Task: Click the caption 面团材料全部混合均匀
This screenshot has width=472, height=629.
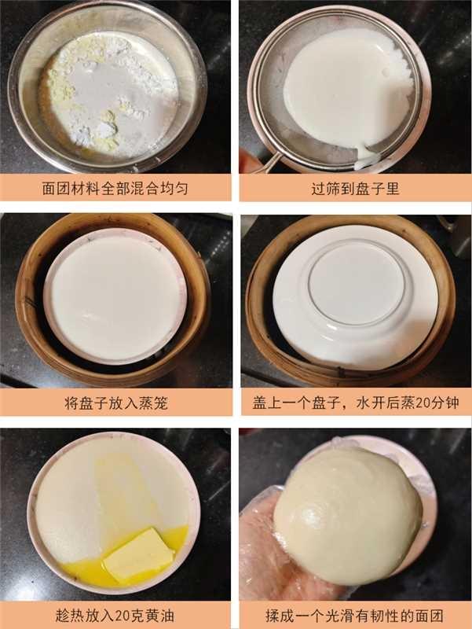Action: pyautogui.click(x=116, y=189)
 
